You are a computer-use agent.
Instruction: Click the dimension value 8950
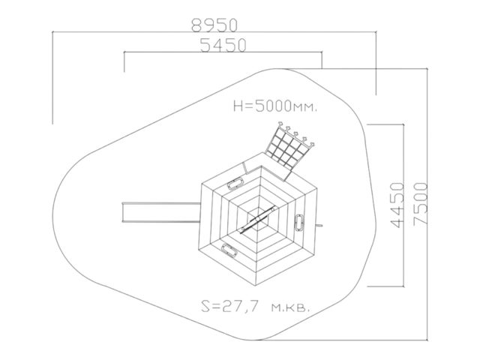[x=214, y=25]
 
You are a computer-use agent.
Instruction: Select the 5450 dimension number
[x=223, y=45]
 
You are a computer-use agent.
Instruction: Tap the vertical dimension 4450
[x=397, y=205]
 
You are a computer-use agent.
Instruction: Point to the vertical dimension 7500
[x=420, y=204]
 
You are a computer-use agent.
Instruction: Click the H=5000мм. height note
[x=275, y=106]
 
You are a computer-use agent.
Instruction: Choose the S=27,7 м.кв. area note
[x=255, y=306]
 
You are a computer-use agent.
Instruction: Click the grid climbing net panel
[x=289, y=150]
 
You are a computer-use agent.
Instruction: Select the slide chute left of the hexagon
[x=161, y=212]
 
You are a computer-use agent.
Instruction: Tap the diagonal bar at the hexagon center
[x=259, y=219]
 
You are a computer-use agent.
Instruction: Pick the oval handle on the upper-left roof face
[x=235, y=183]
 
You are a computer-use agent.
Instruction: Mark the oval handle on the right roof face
[x=298, y=222]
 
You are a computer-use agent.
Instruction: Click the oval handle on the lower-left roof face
[x=229, y=250]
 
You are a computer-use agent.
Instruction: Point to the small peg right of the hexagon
[x=319, y=226]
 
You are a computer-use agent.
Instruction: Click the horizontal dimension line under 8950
[x=214, y=31]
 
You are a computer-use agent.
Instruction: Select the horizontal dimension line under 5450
[x=223, y=52]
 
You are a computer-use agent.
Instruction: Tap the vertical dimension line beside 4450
[x=403, y=205]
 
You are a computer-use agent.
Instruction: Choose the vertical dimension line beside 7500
[x=427, y=204]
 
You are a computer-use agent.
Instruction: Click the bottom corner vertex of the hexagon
[x=256, y=286]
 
